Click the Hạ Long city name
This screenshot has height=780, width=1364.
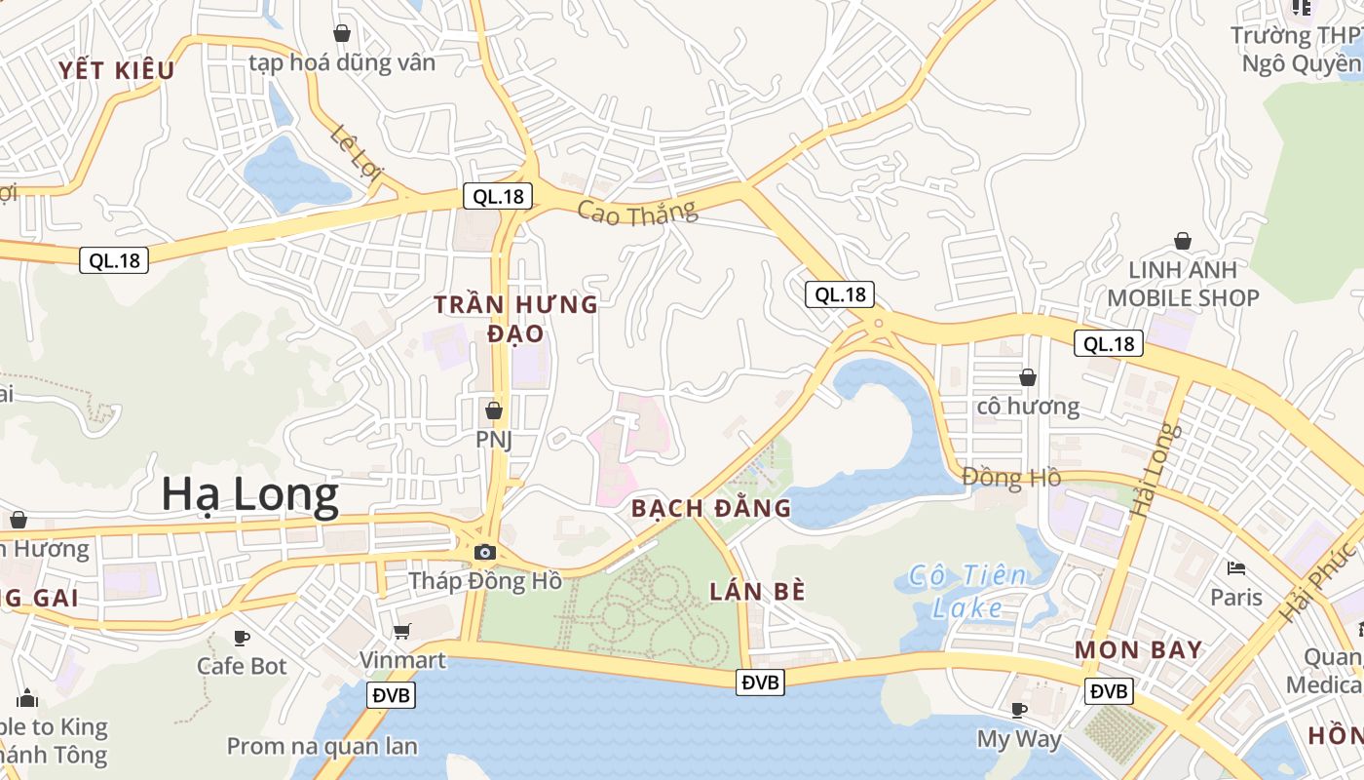249,495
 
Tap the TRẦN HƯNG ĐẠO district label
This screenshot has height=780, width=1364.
515,319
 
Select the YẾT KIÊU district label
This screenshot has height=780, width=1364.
116,70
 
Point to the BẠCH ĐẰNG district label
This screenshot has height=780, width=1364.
710,508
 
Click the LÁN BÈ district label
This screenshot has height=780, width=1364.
757,591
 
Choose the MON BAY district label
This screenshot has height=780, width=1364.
1138,650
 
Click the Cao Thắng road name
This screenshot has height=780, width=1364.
637,212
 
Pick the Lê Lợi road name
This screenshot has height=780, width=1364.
357,154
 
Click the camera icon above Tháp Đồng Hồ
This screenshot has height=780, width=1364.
484,553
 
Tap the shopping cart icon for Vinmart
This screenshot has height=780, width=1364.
402,632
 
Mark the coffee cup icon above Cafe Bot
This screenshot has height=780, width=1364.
242,638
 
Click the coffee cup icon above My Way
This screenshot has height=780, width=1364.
1019,710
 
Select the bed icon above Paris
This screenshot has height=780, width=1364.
1236,568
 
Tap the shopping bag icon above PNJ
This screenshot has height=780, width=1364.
494,410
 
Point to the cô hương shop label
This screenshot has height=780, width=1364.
1028,407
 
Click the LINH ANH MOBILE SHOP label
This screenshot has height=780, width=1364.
1183,284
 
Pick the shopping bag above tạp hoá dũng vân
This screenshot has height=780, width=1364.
342,33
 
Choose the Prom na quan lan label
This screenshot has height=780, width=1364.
322,747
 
